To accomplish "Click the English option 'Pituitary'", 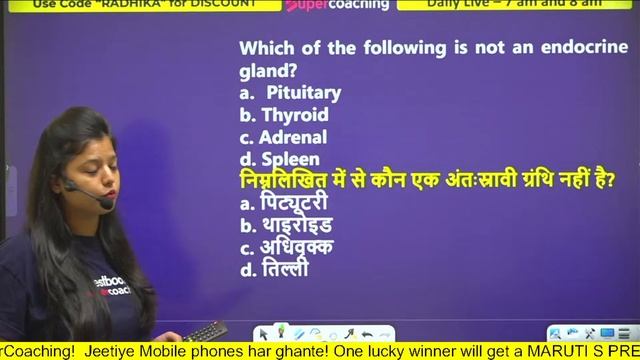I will tap(303, 93).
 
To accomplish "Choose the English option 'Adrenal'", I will tap(293, 137).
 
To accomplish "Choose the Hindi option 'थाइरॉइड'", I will tap(297, 225).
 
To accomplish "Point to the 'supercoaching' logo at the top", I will tap(323, 5).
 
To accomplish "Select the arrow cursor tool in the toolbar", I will tap(264, 333).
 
